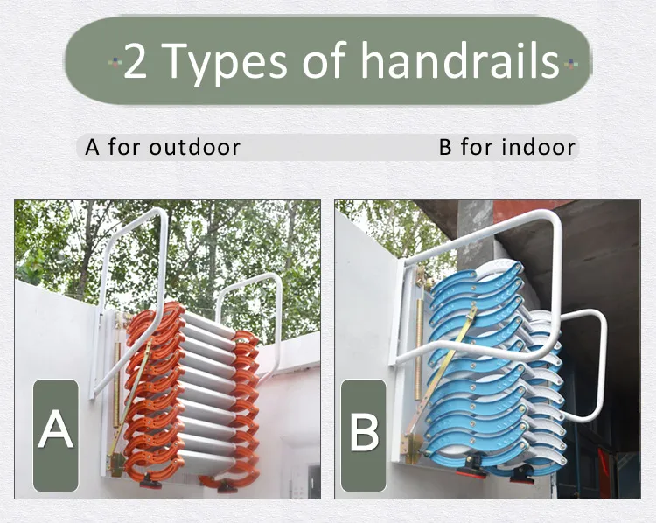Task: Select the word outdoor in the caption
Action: pos(194,147)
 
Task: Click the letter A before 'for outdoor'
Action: pos(93,147)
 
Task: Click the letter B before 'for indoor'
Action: pos(446,147)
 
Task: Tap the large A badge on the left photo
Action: pos(56,432)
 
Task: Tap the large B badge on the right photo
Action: pos(364,432)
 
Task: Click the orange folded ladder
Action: pos(188,394)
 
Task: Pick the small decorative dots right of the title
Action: pos(570,62)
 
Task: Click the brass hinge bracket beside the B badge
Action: pos(410,447)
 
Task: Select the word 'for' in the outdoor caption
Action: pos(124,147)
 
